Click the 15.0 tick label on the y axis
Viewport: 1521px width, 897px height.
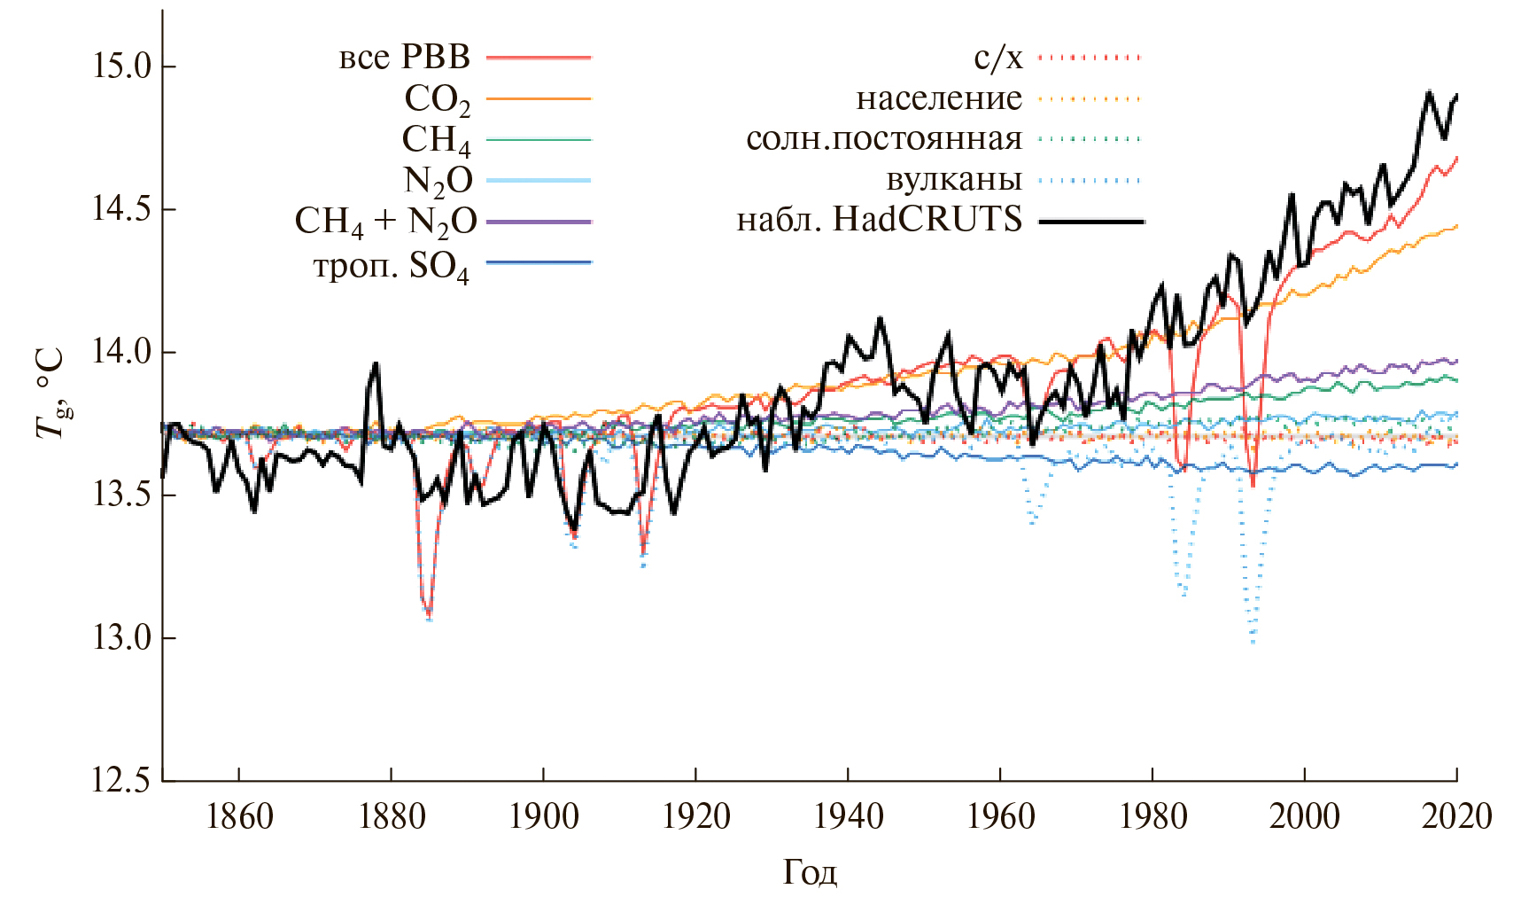(122, 66)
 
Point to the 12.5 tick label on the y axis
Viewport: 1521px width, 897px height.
(122, 781)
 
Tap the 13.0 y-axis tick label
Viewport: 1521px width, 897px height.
(122, 638)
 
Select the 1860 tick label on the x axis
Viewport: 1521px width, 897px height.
(239, 815)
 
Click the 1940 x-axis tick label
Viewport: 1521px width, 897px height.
(848, 815)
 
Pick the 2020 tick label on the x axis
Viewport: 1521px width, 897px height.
(1456, 815)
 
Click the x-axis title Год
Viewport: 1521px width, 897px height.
(810, 873)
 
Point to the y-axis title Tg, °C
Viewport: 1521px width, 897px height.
(51, 393)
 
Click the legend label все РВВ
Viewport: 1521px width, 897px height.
(405, 58)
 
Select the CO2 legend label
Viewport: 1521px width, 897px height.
(437, 99)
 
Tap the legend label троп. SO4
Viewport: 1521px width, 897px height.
(391, 265)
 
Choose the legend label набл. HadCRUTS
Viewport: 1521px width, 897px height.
(880, 219)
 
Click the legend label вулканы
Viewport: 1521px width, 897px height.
(954, 180)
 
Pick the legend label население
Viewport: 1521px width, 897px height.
(939, 98)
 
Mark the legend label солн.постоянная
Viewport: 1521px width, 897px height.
(884, 139)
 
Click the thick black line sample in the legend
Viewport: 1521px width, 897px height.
(1090, 221)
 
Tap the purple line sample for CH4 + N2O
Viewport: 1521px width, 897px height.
(539, 222)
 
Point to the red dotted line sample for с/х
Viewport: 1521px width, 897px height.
(1090, 58)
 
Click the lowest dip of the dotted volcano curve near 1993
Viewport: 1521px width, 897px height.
(1253, 642)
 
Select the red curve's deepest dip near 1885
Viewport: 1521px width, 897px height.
(429, 615)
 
